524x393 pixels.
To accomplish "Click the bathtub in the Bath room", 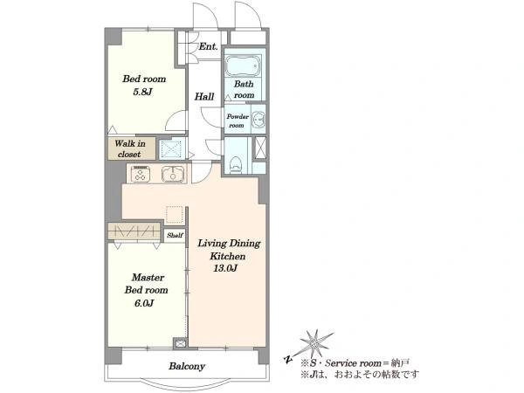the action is point(243,65).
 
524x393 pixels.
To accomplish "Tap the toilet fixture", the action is point(236,165).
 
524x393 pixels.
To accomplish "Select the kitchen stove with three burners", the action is point(141,174).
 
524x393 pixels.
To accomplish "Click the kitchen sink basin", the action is point(173,174).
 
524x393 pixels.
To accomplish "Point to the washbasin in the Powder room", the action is point(259,119).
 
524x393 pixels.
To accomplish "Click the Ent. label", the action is point(208,46).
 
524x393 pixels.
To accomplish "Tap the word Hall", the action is point(204,97).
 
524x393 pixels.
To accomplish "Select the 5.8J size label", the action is point(142,92).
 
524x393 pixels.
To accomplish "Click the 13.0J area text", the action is point(225,268).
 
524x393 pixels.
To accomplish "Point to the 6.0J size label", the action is point(144,303).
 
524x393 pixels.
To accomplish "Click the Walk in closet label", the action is point(130,148).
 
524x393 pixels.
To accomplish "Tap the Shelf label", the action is point(176,235).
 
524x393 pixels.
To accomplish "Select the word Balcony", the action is point(187,366).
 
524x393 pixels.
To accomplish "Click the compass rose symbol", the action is point(314,342).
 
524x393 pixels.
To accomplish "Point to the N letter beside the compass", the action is point(287,359).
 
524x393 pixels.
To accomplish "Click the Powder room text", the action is point(238,121).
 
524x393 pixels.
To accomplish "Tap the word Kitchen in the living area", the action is point(228,256).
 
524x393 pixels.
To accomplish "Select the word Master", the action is point(148,278).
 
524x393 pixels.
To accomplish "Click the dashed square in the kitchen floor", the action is point(175,215).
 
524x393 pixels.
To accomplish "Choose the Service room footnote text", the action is point(355,363).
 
